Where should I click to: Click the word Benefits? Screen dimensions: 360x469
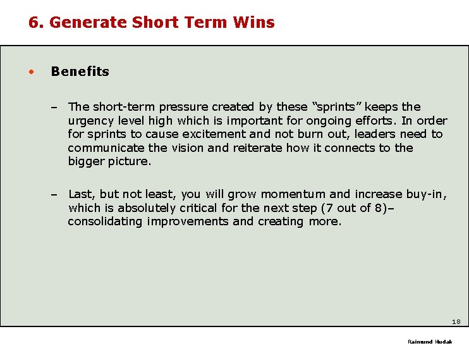80,71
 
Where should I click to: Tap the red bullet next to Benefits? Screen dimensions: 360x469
30,71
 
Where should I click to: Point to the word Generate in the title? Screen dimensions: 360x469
88,23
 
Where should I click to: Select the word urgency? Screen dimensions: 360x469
90,121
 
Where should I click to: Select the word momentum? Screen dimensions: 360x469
293,194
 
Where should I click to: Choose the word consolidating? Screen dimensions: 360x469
106,221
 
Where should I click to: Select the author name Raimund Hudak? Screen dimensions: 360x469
430,342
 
